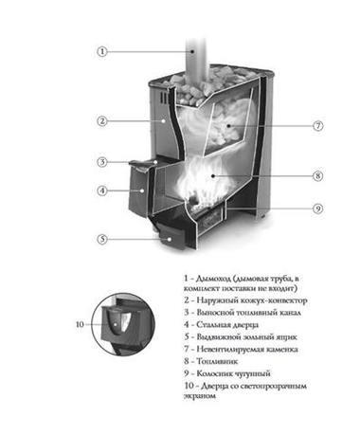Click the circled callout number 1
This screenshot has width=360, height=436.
pyautogui.click(x=101, y=52)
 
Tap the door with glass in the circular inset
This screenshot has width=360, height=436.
pyautogui.click(x=121, y=325)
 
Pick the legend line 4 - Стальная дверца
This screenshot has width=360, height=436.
pyautogui.click(x=230, y=323)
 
